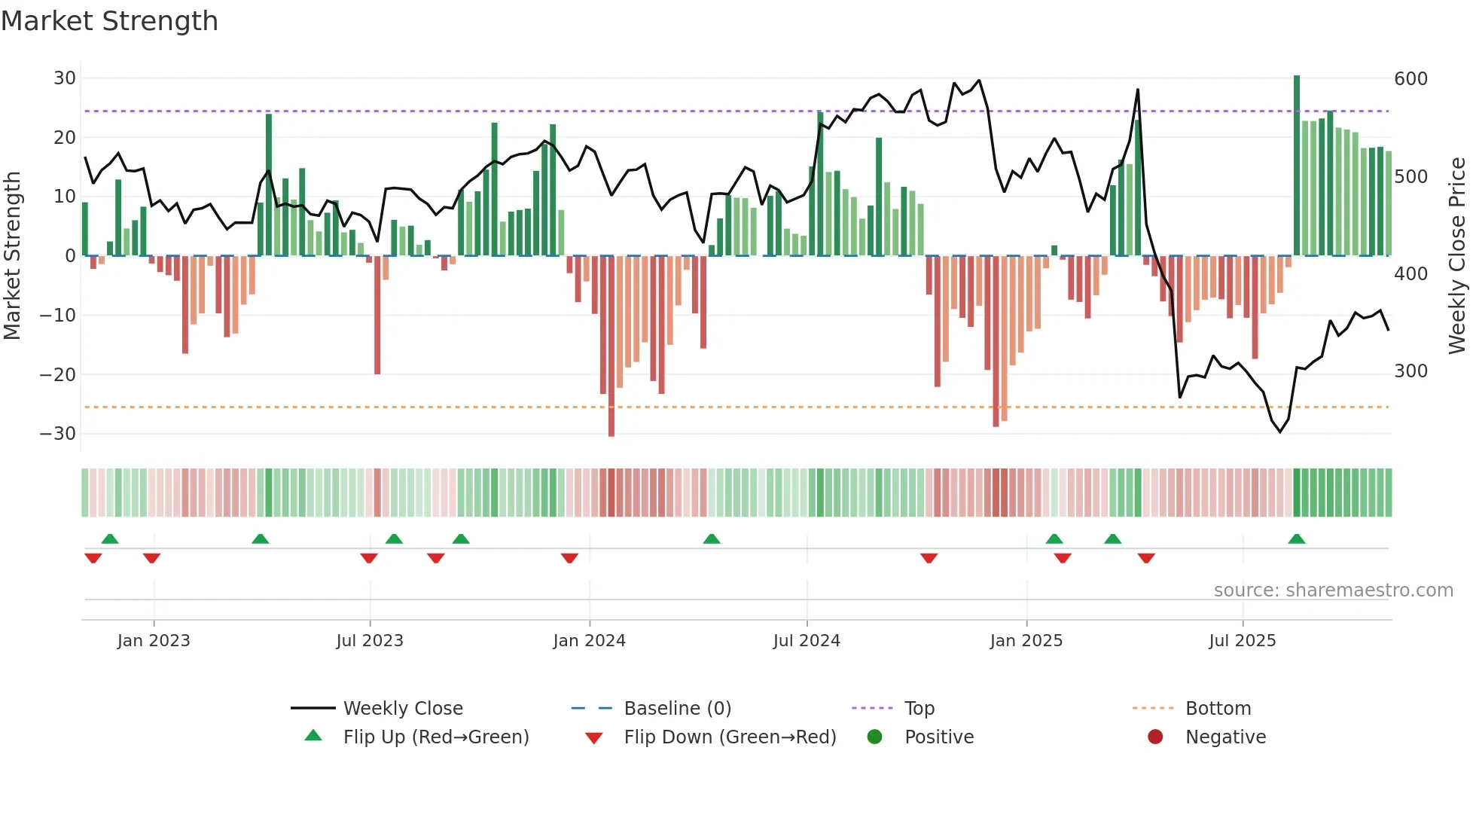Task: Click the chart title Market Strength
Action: pos(109,21)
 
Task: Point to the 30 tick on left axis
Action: pos(65,78)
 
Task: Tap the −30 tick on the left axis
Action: pos(58,434)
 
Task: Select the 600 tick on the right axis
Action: pos(1410,79)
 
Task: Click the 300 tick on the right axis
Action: pos(1410,371)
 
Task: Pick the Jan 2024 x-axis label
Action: pos(589,641)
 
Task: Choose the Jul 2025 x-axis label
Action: pos(1242,641)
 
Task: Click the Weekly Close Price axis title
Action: pos(1457,256)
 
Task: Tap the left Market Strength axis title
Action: pos(13,256)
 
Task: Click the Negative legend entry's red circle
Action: pos(1155,737)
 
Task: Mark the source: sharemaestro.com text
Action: pos(1333,590)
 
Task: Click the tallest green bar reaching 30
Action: pos(1297,166)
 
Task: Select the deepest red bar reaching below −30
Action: pos(611,346)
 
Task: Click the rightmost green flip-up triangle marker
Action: pos(1297,539)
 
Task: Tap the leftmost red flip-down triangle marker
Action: pos(93,558)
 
